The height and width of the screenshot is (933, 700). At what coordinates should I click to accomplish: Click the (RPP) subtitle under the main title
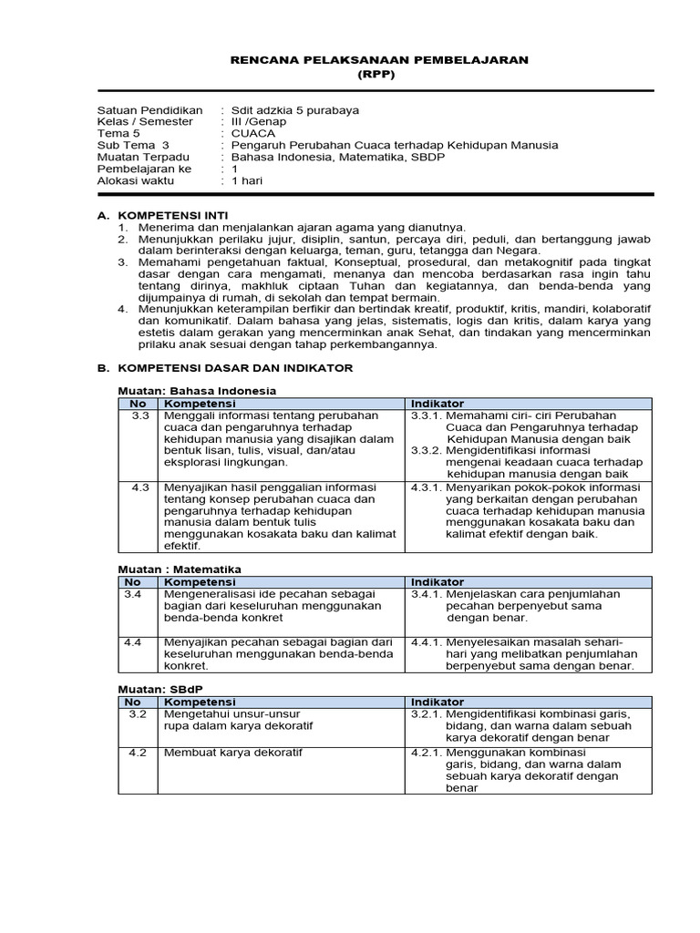point(376,75)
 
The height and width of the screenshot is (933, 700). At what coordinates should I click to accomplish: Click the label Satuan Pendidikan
point(149,110)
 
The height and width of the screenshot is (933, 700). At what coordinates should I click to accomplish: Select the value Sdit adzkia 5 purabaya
point(295,110)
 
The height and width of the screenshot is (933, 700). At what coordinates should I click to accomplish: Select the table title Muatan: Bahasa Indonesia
point(198,391)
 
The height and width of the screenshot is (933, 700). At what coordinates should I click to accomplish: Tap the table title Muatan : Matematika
point(180,569)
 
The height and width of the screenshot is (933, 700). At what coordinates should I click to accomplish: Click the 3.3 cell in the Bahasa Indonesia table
point(139,415)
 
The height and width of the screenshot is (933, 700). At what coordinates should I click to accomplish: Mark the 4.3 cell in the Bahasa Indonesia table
point(139,487)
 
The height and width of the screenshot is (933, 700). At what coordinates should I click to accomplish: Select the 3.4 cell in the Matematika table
point(133,594)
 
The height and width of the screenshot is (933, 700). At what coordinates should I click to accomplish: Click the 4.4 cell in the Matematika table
point(133,641)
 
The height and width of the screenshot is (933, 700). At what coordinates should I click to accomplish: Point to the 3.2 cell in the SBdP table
point(138,714)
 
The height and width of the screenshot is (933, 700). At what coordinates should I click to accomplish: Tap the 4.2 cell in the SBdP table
point(138,753)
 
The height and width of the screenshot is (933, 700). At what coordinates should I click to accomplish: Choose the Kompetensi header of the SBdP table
point(199,702)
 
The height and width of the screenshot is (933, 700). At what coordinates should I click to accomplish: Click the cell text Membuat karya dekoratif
point(232,753)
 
